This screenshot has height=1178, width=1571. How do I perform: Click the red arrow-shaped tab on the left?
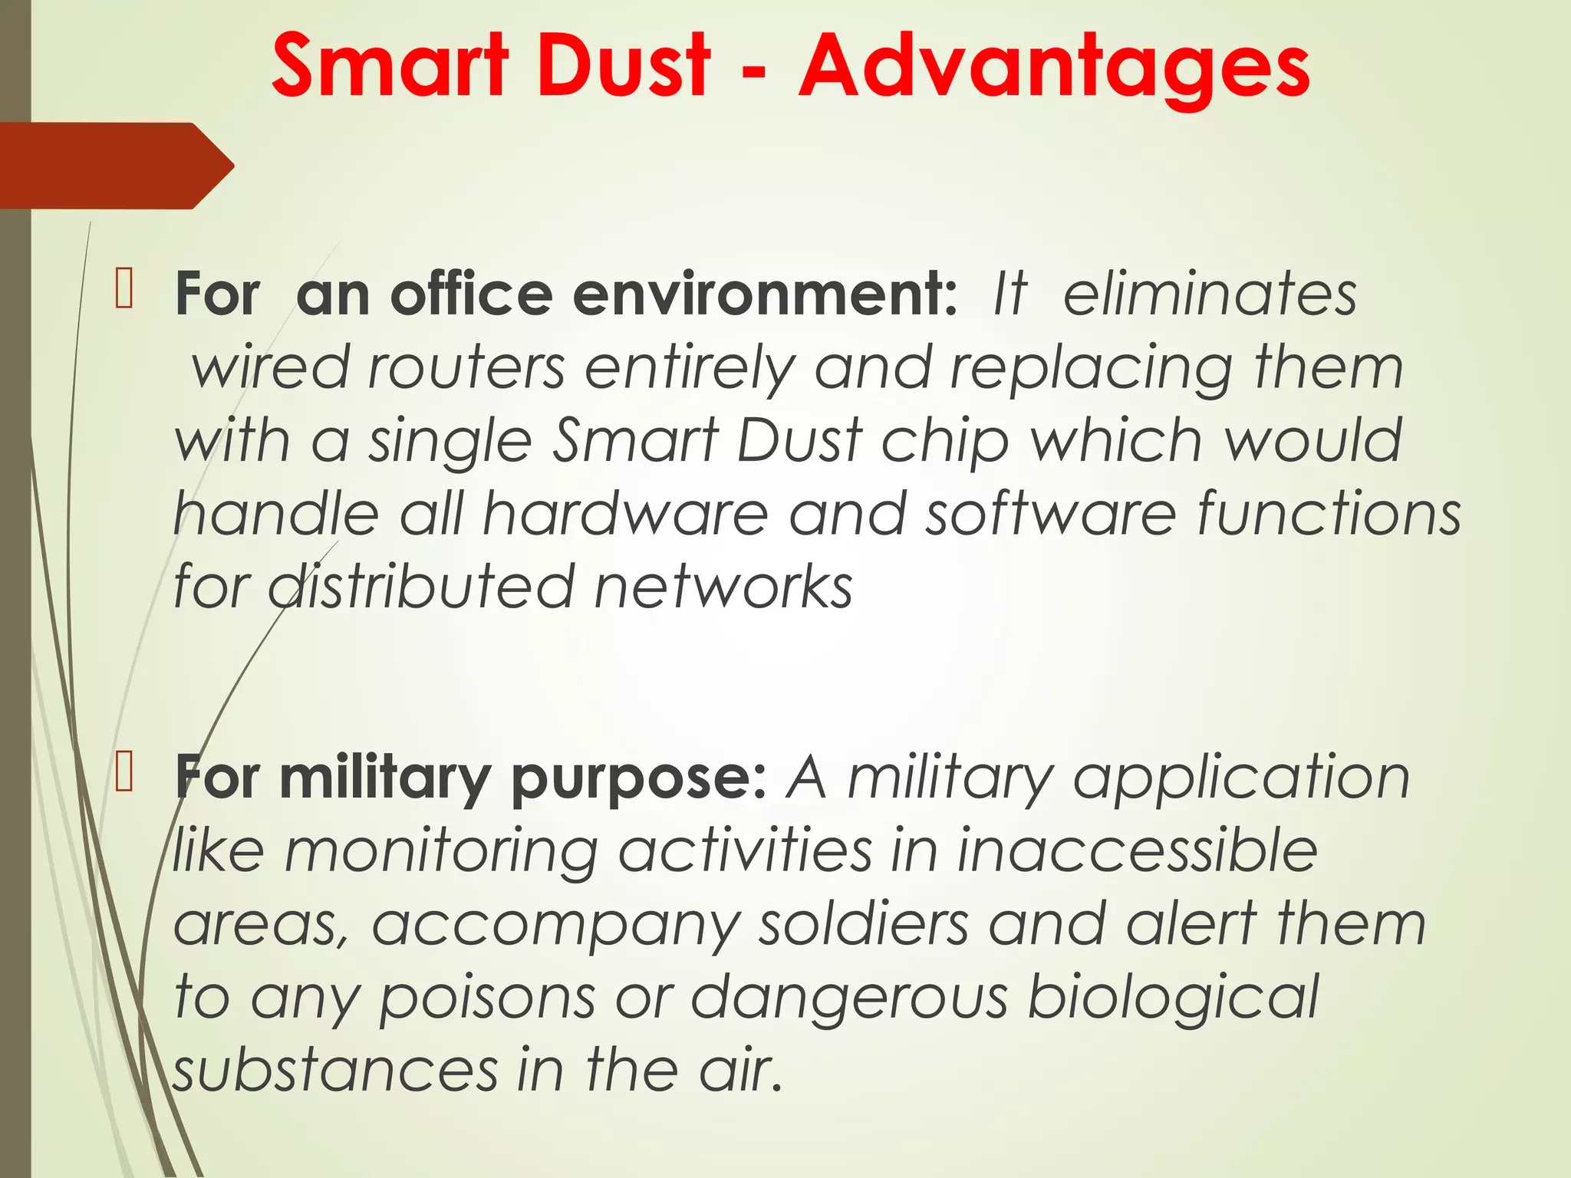coord(115,166)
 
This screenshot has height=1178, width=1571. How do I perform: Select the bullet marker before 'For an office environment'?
coord(124,291)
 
